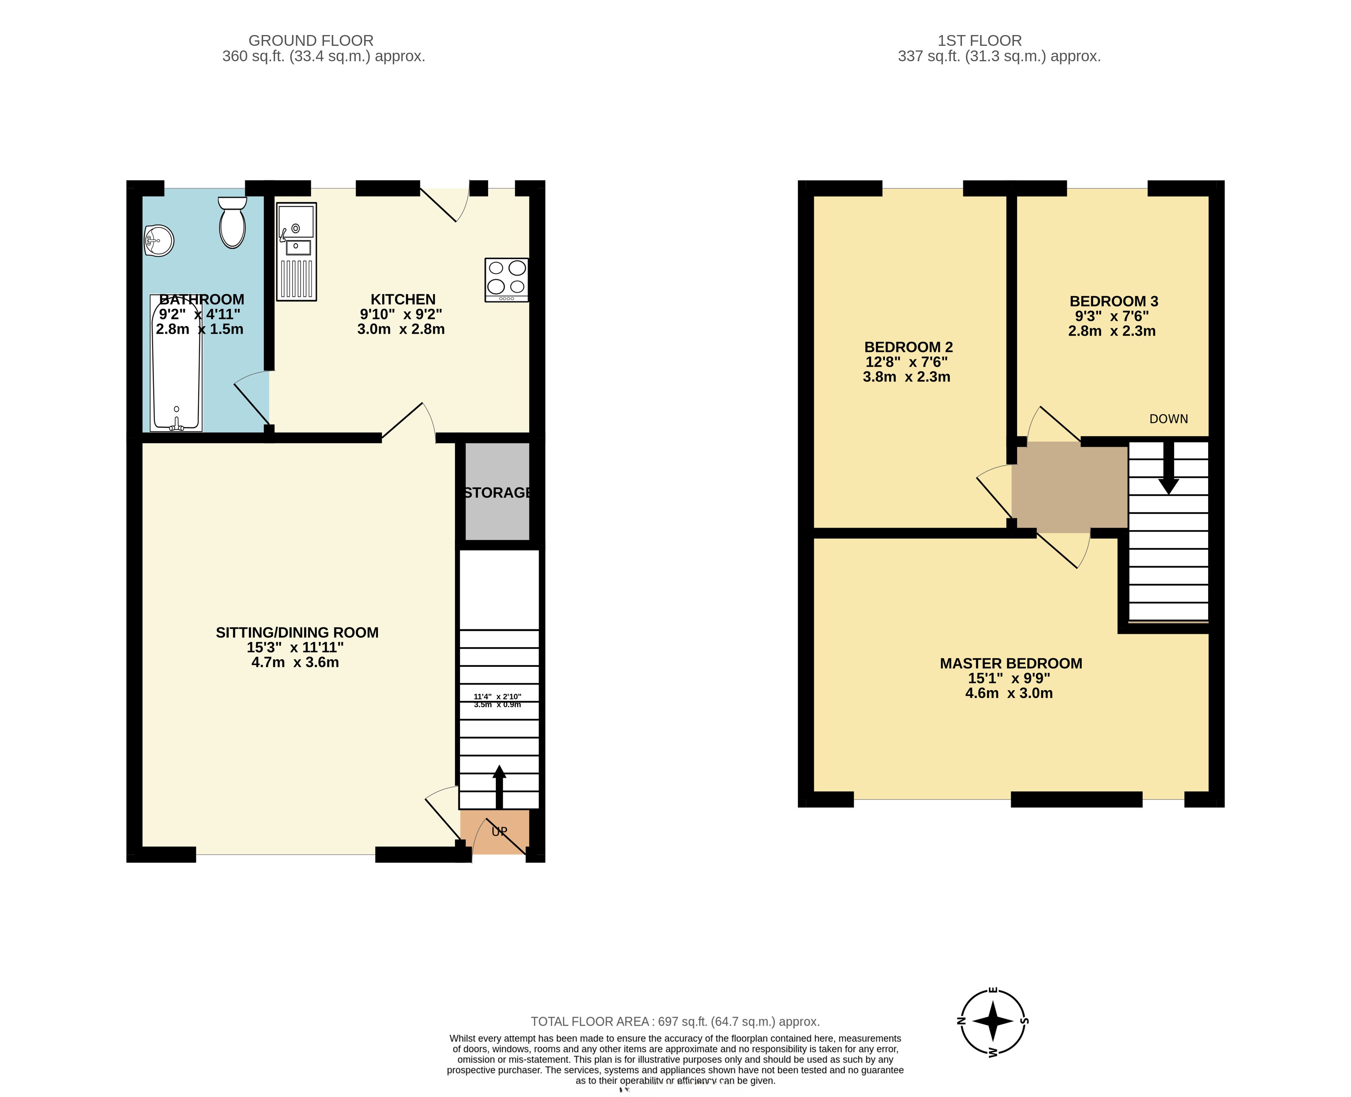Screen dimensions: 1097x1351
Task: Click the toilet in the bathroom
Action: (x=233, y=224)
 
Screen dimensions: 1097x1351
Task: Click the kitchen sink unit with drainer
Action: (x=296, y=252)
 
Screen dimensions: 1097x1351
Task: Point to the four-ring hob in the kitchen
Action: (x=506, y=279)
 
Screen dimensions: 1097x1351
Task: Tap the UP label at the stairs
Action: (x=499, y=832)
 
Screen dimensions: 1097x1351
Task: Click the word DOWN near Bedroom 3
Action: (x=1168, y=419)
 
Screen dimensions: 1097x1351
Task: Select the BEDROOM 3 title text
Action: (x=1113, y=302)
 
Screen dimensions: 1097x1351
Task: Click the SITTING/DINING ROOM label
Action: (x=297, y=632)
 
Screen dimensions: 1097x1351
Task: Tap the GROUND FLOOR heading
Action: (x=311, y=40)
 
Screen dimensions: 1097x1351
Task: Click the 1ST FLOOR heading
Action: (x=979, y=40)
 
